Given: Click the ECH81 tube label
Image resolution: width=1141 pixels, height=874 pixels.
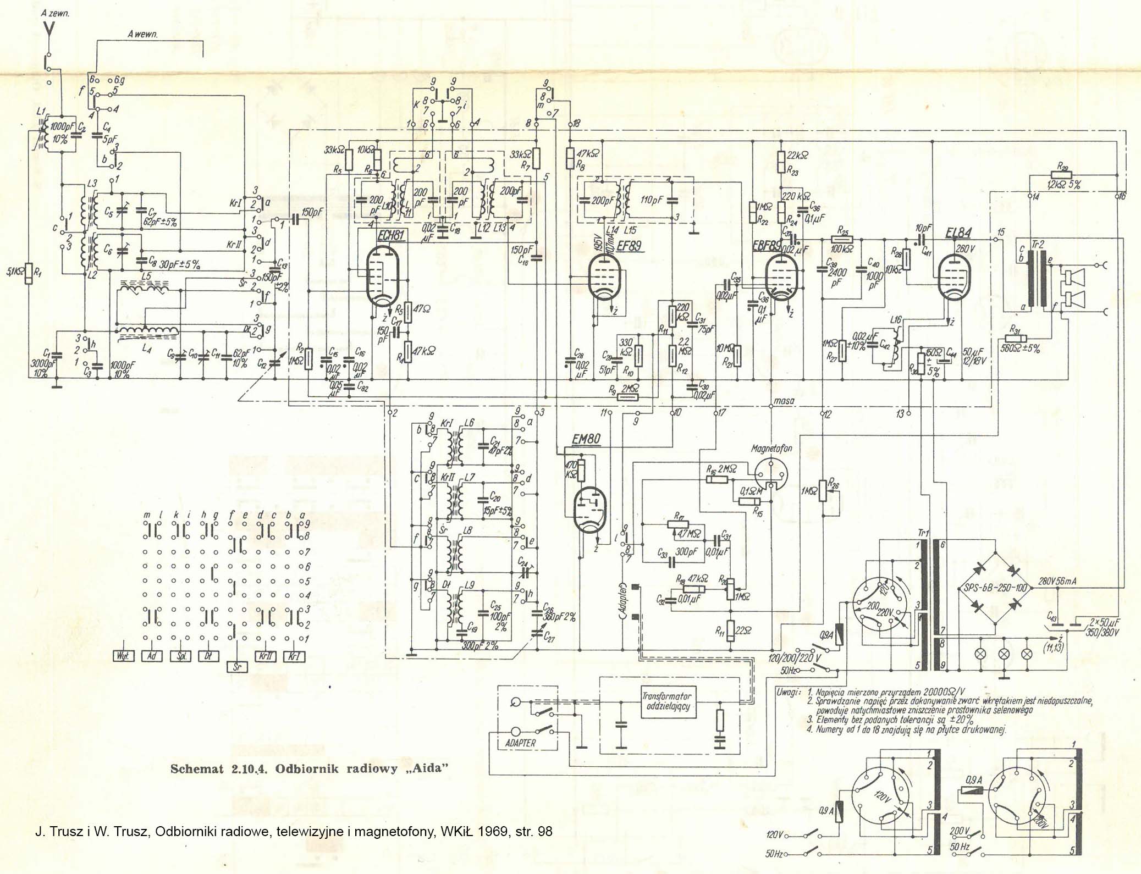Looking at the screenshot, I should [x=391, y=235].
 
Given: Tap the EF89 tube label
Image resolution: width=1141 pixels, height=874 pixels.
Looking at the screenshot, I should [x=629, y=246].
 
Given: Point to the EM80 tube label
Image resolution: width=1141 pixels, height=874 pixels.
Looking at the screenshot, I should [x=586, y=439].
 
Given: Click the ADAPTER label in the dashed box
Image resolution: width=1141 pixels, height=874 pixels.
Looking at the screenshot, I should [x=520, y=743].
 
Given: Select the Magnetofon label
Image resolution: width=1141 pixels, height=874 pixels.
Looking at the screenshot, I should [x=771, y=449].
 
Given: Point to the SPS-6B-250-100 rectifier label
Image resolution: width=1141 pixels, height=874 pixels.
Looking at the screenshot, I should [x=996, y=588].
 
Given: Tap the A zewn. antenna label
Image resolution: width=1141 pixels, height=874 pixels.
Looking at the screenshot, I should [x=55, y=13].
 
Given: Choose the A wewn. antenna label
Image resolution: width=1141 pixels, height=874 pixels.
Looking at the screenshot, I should [x=142, y=34].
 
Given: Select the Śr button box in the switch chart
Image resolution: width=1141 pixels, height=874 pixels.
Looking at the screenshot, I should [x=237, y=667].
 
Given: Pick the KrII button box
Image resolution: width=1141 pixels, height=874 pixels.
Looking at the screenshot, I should [x=265, y=656].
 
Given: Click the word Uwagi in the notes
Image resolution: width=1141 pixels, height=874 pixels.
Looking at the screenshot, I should [x=787, y=692].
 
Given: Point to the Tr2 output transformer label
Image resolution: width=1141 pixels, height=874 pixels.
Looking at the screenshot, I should [x=1037, y=245].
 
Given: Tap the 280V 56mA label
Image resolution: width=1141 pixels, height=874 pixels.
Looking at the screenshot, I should [x=1057, y=582].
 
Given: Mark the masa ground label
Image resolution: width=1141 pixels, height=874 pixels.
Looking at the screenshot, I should [x=783, y=401].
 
